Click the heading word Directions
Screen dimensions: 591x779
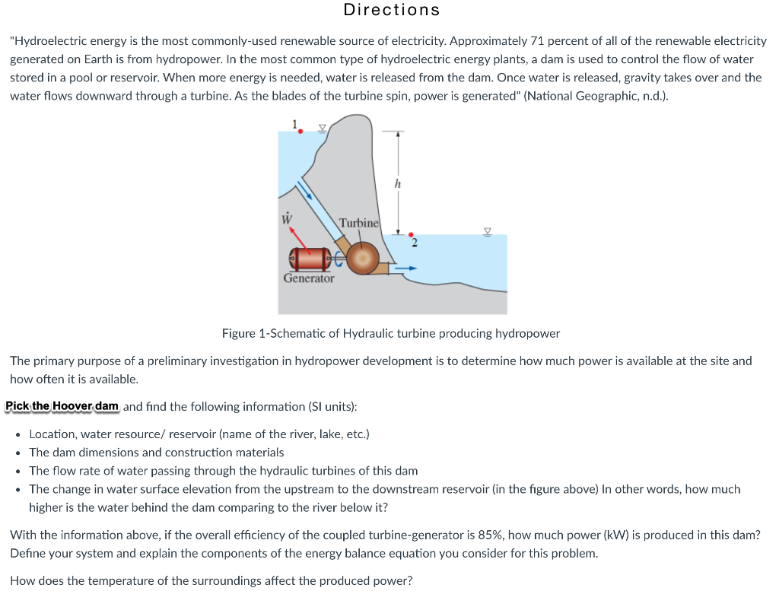[x=391, y=10]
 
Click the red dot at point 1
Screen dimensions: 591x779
[x=300, y=132]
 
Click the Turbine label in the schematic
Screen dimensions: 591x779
[x=358, y=223]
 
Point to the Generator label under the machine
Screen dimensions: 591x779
[x=308, y=278]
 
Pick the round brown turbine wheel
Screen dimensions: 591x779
[x=364, y=259]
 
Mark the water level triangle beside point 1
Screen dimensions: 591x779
[x=322, y=129]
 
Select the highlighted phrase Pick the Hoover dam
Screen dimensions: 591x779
[x=63, y=406]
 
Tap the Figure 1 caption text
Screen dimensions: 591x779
[x=390, y=334]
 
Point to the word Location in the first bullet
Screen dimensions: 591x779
[x=52, y=434]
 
